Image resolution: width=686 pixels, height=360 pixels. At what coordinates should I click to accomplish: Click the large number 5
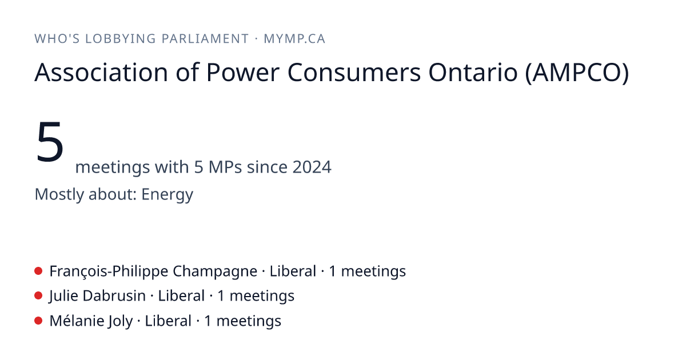click(50, 142)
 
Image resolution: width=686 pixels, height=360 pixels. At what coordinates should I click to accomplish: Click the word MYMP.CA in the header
click(294, 39)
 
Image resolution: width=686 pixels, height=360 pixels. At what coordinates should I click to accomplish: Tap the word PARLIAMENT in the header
click(205, 39)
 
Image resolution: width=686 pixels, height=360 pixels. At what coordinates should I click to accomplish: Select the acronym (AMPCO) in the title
click(577, 73)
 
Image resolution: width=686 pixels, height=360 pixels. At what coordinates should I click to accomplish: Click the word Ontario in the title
click(473, 73)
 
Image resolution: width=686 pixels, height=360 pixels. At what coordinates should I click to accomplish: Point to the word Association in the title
click(101, 73)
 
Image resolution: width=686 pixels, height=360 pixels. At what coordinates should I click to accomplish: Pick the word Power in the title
click(243, 73)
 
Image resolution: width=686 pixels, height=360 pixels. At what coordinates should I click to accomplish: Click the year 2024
click(312, 167)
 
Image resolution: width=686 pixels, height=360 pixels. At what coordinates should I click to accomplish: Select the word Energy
click(167, 195)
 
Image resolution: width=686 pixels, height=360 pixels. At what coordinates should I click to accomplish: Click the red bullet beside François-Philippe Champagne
click(38, 271)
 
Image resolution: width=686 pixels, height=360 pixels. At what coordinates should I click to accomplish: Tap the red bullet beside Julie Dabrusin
click(38, 296)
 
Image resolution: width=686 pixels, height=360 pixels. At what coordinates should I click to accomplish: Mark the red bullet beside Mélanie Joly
click(38, 321)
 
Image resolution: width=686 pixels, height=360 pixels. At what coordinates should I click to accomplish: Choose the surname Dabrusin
click(114, 296)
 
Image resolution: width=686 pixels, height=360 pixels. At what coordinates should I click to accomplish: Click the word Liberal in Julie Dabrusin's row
click(181, 296)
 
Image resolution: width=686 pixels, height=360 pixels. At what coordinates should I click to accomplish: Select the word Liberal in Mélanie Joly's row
click(168, 321)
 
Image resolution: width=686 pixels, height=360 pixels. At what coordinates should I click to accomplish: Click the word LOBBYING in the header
click(121, 39)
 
